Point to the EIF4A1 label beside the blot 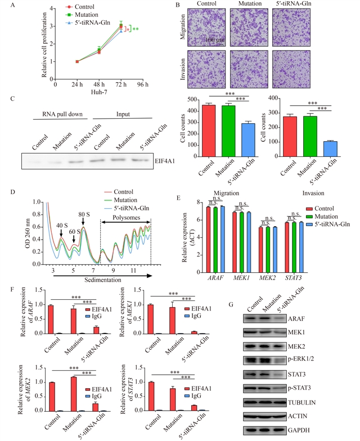coord(166,160)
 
